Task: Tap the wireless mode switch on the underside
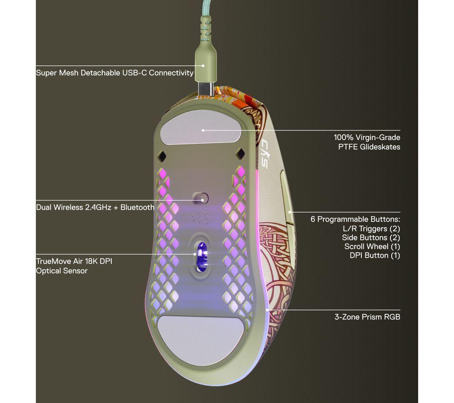pos(200,198)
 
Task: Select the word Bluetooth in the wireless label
pos(137,207)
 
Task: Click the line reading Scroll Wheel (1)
pos(372,247)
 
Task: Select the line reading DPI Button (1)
pos(375,255)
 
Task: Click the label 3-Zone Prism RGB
pos(367,317)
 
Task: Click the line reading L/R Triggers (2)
pos(371,229)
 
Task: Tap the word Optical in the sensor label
pos(48,271)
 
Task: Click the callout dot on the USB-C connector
pos(203,66)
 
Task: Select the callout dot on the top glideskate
pos(203,130)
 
